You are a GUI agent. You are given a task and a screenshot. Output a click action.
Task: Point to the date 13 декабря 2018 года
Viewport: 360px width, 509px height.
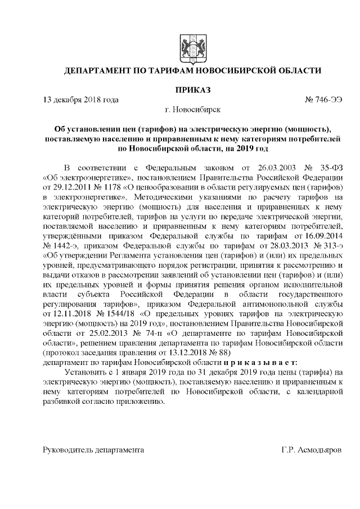tap(82, 100)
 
